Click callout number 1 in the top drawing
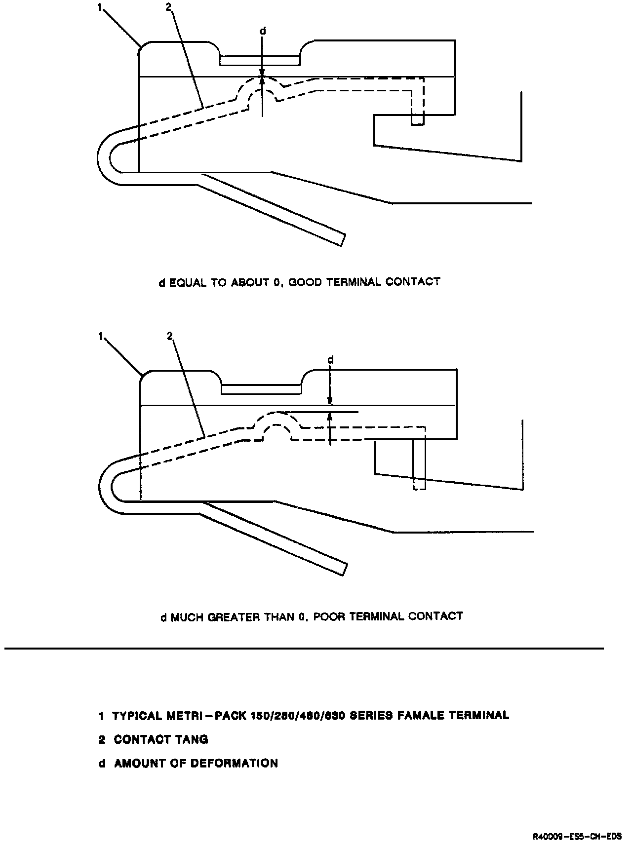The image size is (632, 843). point(100,8)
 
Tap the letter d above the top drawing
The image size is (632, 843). point(263,31)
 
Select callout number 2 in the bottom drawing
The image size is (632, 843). point(170,336)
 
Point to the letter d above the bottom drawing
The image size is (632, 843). point(331,360)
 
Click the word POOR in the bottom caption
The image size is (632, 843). point(329,616)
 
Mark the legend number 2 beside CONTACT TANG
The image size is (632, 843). point(101,739)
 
